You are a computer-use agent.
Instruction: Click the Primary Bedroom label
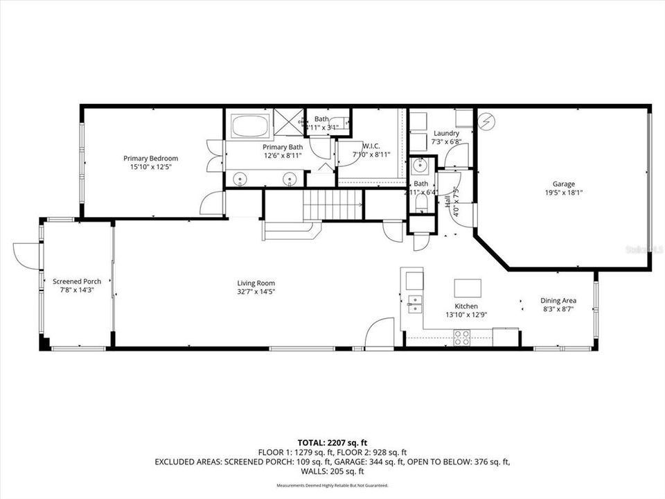pos(150,159)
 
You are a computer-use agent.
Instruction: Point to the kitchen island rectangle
pos(468,288)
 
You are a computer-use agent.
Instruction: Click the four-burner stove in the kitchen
pos(461,338)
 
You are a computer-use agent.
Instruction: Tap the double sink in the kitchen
pos(416,303)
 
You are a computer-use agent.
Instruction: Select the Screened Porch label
pos(77,281)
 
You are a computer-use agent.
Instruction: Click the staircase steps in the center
pos(333,204)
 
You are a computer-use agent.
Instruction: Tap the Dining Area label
pos(558,301)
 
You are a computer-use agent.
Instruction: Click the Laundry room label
pos(446,133)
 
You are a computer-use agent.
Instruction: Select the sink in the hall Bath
pos(418,166)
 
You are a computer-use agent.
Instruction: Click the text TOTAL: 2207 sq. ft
pos(332,441)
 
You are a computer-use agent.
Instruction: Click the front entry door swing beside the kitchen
pos(380,333)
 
